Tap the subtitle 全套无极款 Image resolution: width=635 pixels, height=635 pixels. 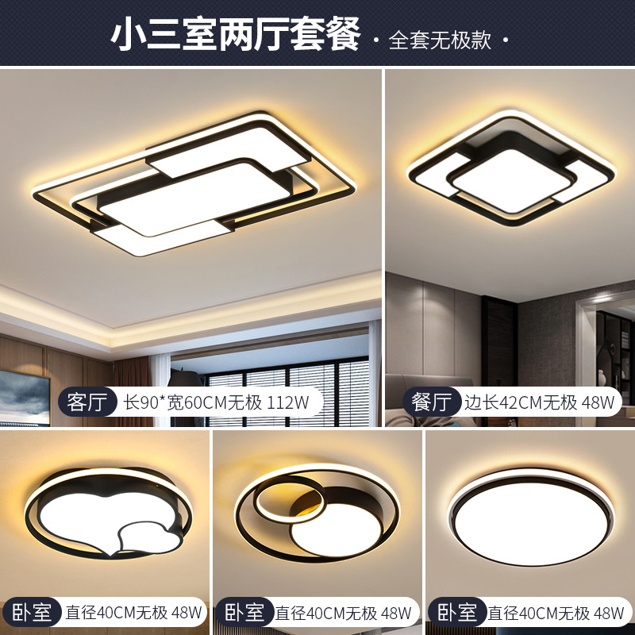click(x=441, y=40)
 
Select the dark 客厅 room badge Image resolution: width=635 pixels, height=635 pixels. click(x=88, y=402)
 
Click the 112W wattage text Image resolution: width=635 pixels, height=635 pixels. click(x=288, y=402)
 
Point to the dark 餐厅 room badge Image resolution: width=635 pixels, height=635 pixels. click(x=432, y=402)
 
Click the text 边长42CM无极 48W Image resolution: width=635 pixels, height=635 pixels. click(x=540, y=402)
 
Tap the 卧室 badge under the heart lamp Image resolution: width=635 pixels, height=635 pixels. click(x=32, y=612)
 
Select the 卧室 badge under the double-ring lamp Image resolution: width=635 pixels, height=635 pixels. click(x=244, y=612)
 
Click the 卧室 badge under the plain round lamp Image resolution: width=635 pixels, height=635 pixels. click(x=457, y=612)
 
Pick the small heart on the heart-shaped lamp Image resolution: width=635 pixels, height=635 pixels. click(x=149, y=538)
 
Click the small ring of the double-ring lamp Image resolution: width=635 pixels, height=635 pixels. click(x=289, y=499)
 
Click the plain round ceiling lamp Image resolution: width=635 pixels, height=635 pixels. click(x=531, y=518)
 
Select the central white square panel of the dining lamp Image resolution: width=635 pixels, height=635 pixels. click(x=511, y=181)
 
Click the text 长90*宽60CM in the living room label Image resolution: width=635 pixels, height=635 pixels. click(x=175, y=402)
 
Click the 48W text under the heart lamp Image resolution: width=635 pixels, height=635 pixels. click(x=186, y=612)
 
